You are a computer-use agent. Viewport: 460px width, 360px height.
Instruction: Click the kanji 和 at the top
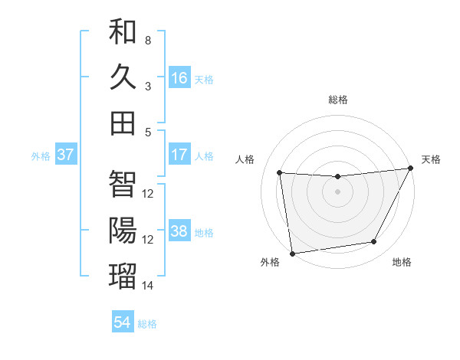click(123, 31)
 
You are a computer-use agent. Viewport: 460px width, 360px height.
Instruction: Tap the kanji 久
click(123, 77)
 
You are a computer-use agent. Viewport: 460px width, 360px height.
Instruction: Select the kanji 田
click(123, 123)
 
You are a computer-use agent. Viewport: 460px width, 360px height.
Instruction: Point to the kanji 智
click(123, 185)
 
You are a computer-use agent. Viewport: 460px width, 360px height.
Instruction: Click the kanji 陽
click(123, 231)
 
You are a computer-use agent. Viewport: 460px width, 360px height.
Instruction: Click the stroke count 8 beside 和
click(148, 40)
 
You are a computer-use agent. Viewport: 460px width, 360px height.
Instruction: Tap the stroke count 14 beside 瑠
click(148, 286)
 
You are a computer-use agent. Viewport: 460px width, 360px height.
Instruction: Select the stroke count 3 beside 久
click(148, 86)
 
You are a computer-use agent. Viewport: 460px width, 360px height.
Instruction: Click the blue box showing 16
click(179, 78)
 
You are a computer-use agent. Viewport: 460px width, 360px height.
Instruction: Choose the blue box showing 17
click(179, 155)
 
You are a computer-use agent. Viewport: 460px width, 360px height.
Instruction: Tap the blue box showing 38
click(179, 231)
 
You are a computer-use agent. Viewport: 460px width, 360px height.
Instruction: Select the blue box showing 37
click(66, 155)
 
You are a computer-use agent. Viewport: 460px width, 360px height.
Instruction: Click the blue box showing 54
click(123, 322)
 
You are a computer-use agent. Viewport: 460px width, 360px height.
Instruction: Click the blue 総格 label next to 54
click(148, 324)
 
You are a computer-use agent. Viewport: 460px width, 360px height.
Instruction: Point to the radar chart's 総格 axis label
click(338, 100)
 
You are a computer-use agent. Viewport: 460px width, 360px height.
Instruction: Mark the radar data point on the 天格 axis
click(410, 169)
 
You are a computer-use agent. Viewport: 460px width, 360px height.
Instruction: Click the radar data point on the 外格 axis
click(292, 252)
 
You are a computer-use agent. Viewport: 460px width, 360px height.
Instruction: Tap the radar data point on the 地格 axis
click(374, 242)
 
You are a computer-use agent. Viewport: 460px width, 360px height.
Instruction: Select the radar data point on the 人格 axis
click(280, 172)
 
